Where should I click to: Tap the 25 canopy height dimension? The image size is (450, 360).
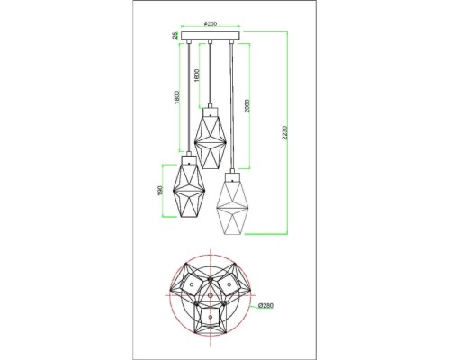tap(175, 36)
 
